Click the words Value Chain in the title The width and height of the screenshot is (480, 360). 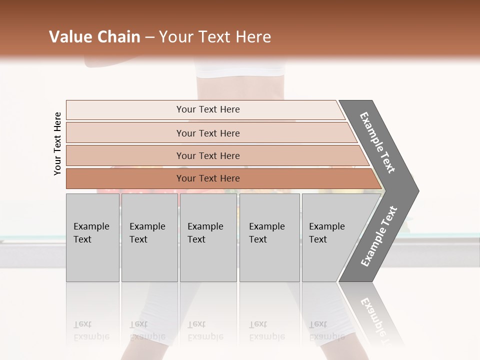tap(94, 37)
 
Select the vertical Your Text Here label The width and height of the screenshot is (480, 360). tap(57, 143)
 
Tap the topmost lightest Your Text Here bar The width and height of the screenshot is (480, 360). tap(207, 109)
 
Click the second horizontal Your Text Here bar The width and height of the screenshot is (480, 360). tap(207, 133)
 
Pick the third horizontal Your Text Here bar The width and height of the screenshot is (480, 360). tap(207, 155)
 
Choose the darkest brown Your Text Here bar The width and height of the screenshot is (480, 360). tap(207, 178)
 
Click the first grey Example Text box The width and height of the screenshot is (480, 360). tap(92, 237)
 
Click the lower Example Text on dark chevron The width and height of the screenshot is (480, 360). tap(379, 236)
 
